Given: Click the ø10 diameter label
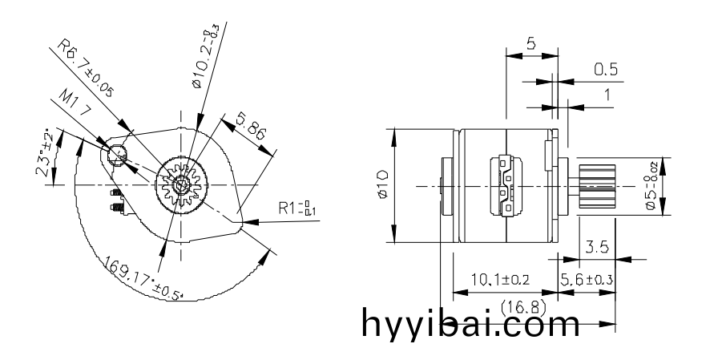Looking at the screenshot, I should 381,186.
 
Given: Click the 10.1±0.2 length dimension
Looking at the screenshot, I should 500,279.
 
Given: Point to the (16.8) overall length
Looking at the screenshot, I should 520,306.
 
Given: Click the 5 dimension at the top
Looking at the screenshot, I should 531,44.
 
